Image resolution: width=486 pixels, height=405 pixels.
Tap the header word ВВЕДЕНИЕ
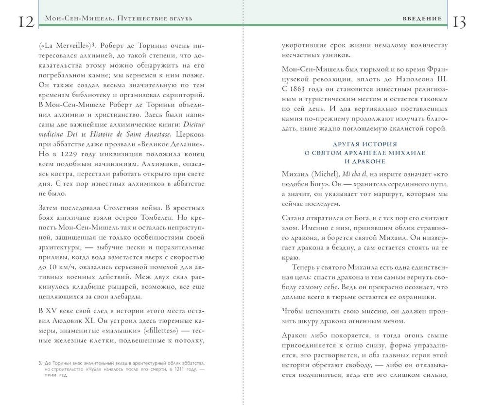422,18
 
